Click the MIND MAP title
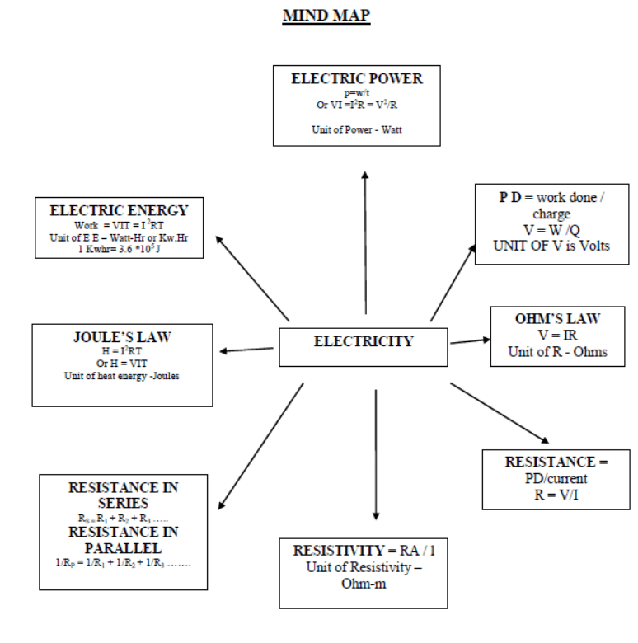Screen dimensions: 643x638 tap(326, 16)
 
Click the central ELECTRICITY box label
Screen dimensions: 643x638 tap(364, 341)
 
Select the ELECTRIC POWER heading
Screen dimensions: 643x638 tap(357, 79)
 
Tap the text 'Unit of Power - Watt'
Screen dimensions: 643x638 tap(357, 130)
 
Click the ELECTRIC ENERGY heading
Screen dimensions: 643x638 tap(119, 211)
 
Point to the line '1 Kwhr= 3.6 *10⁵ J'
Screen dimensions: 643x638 tap(119, 249)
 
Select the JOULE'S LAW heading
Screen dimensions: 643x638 tap(121, 338)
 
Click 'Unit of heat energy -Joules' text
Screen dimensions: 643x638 tap(121, 376)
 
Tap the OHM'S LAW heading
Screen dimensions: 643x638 tap(557, 319)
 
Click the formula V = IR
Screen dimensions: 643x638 tap(557, 336)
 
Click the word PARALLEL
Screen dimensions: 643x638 tap(123, 547)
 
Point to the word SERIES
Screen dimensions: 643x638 tap(123, 503)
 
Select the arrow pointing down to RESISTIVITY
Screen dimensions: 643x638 tap(376, 453)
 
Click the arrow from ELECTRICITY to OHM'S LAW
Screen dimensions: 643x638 tap(470, 340)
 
